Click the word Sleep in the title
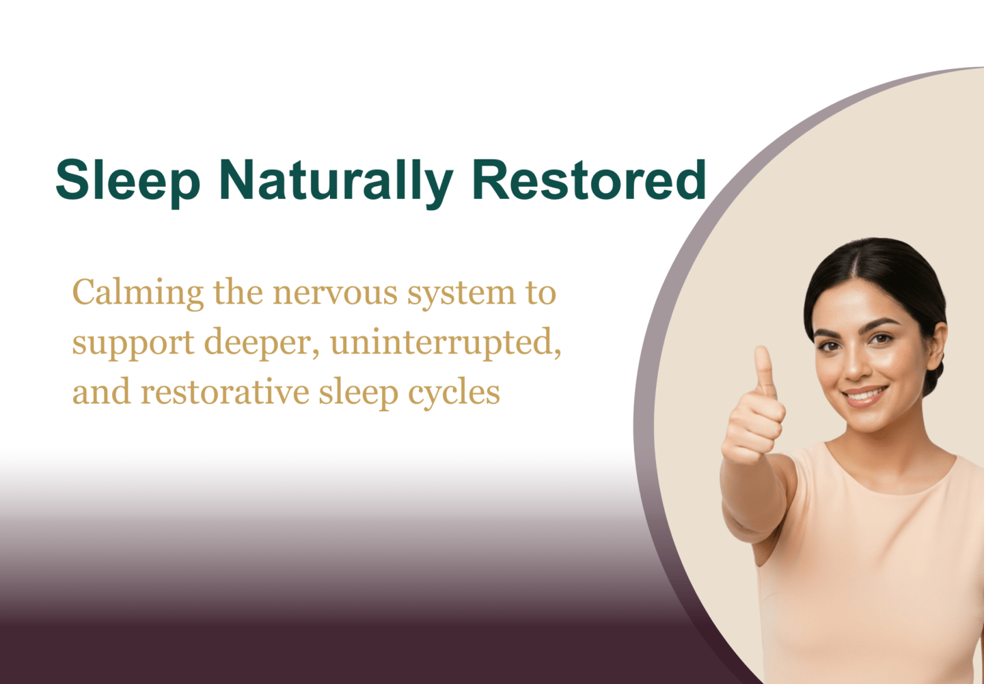pos(127,180)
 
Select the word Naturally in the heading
pos(336,180)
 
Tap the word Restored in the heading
pos(588,180)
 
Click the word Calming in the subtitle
pos(137,293)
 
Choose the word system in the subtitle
pos(461,293)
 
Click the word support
pos(133,343)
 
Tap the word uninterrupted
pos(446,343)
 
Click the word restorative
pos(225,393)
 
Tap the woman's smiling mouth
pos(865,395)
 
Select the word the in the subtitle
pos(238,293)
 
